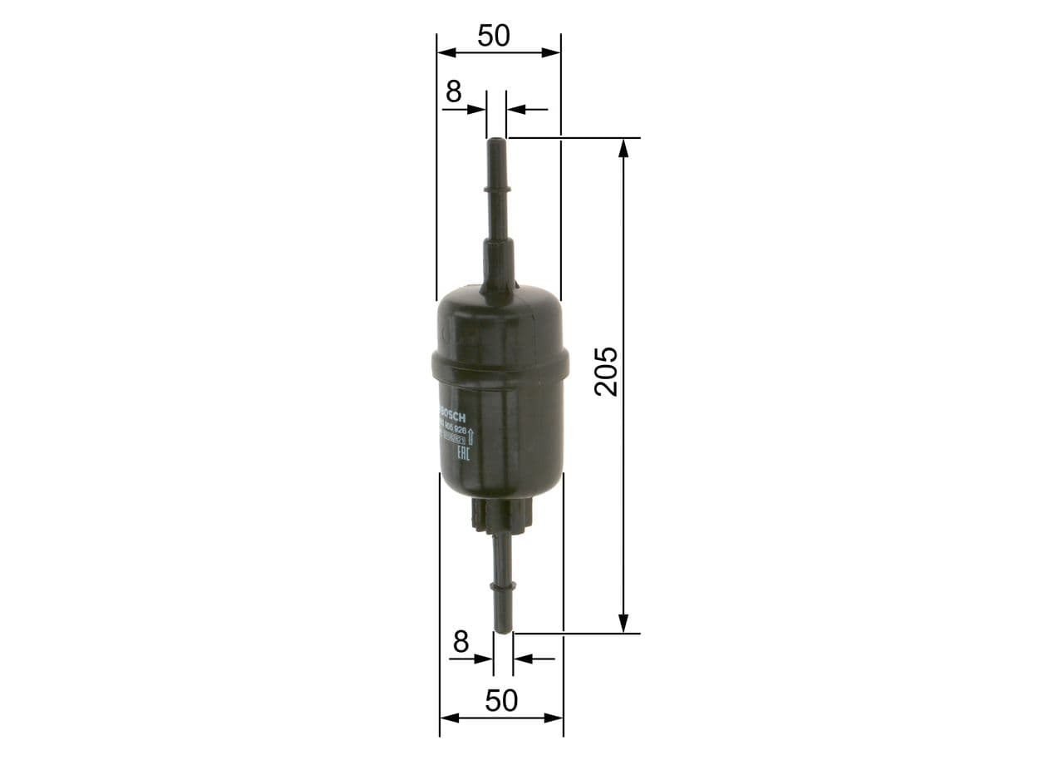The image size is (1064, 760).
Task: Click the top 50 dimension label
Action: coord(493,36)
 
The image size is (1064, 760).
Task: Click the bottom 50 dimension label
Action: coord(500,701)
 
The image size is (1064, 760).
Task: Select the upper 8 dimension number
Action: coord(452,92)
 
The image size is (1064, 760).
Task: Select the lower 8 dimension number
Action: coord(461,642)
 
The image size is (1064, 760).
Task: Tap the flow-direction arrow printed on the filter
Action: coord(471,434)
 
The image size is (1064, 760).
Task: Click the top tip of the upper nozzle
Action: coord(496,141)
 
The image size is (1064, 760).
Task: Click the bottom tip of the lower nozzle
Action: coord(503,629)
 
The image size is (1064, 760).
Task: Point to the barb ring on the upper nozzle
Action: coord(497,192)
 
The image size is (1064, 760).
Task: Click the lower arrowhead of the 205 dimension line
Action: coord(623,623)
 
